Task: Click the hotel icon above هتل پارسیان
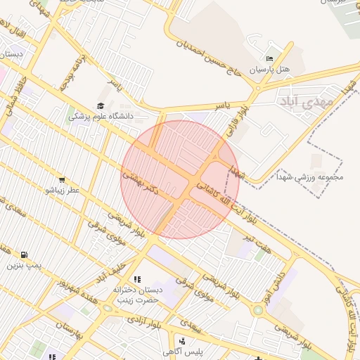[269, 58]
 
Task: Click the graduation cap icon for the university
[101, 105]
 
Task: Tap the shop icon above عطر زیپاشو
[63, 180]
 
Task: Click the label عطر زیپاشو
[63, 191]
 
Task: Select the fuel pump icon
[25, 255]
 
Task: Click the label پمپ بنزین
[21, 266]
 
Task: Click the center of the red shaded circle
[180, 180]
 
